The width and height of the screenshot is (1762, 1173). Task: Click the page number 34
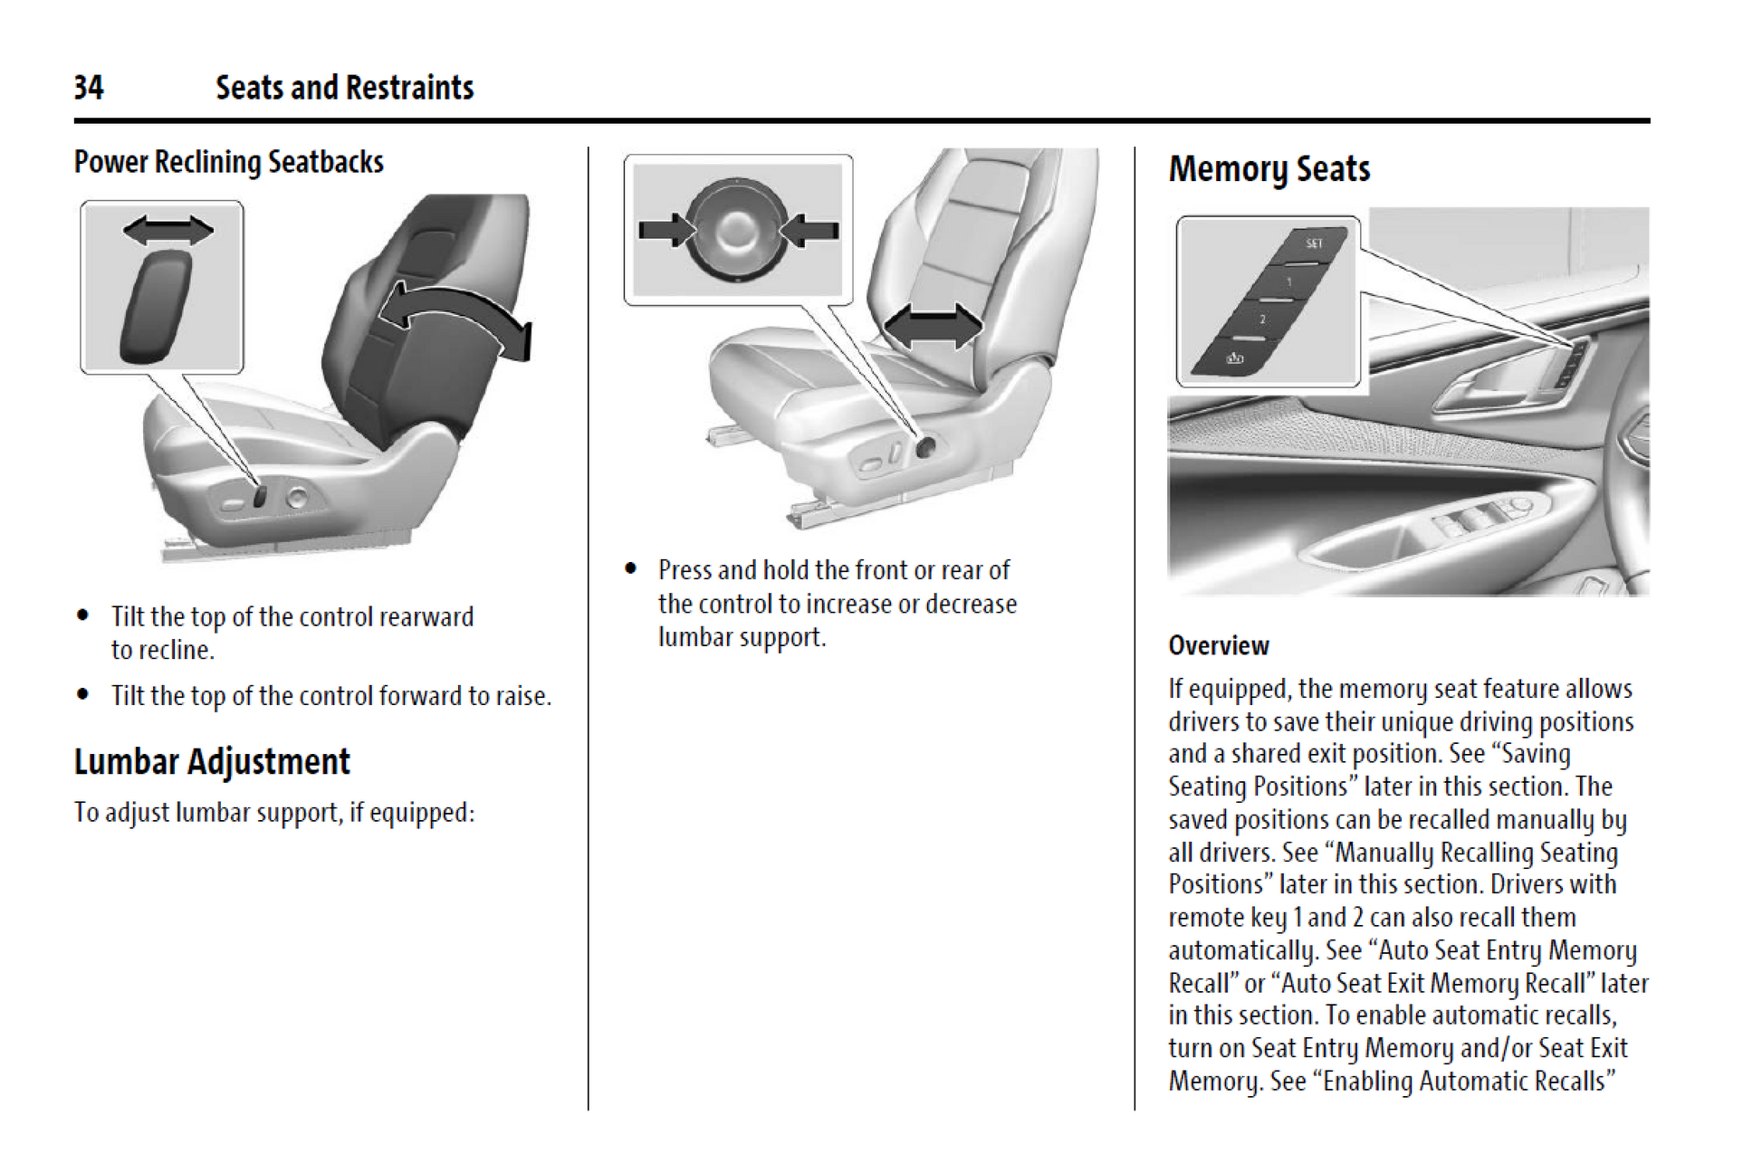89,88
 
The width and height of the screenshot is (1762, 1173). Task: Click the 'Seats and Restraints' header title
344,88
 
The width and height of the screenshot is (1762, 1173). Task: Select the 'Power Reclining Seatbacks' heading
228,162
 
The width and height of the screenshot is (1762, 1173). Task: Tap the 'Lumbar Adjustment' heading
212,761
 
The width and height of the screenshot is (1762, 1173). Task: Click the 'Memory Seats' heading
1269,169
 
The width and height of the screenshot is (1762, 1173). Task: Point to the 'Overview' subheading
1218,645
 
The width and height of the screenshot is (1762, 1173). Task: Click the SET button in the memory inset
1312,244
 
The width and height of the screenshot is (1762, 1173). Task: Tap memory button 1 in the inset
1289,282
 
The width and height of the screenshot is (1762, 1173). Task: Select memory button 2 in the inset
1262,319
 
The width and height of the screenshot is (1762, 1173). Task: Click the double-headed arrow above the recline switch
168,230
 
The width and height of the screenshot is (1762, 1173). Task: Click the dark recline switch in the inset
157,307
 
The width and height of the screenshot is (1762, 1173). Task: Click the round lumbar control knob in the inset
737,230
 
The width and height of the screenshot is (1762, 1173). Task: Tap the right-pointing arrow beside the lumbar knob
666,230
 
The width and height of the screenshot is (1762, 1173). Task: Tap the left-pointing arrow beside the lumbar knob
809,230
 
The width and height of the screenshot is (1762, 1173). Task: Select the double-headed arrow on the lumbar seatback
932,326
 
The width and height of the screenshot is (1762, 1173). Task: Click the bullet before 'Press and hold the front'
631,569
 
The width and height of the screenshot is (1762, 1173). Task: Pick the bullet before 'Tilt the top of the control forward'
83,695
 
